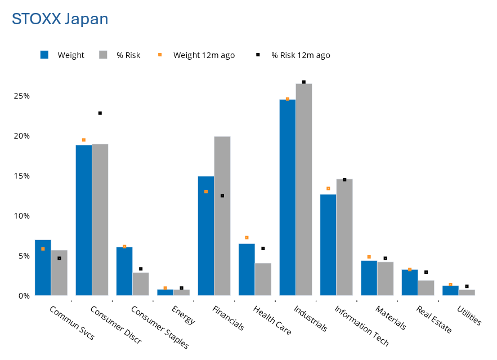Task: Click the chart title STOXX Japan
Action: click(60, 19)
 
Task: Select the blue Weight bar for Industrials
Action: click(287, 197)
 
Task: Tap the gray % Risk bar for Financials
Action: click(222, 216)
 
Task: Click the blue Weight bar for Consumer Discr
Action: click(84, 220)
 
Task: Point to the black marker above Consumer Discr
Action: click(100, 113)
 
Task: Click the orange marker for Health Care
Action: click(247, 238)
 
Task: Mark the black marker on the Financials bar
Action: click(222, 195)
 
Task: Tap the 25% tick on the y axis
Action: click(21, 96)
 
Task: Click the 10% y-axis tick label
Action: click(21, 216)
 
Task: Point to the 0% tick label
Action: click(23, 296)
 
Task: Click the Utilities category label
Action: click(469, 315)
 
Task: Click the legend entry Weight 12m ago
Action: click(204, 55)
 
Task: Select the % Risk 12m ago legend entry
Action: click(301, 55)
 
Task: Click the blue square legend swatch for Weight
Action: click(44, 55)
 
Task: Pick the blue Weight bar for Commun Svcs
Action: click(43, 268)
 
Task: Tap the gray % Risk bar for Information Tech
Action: click(344, 237)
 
